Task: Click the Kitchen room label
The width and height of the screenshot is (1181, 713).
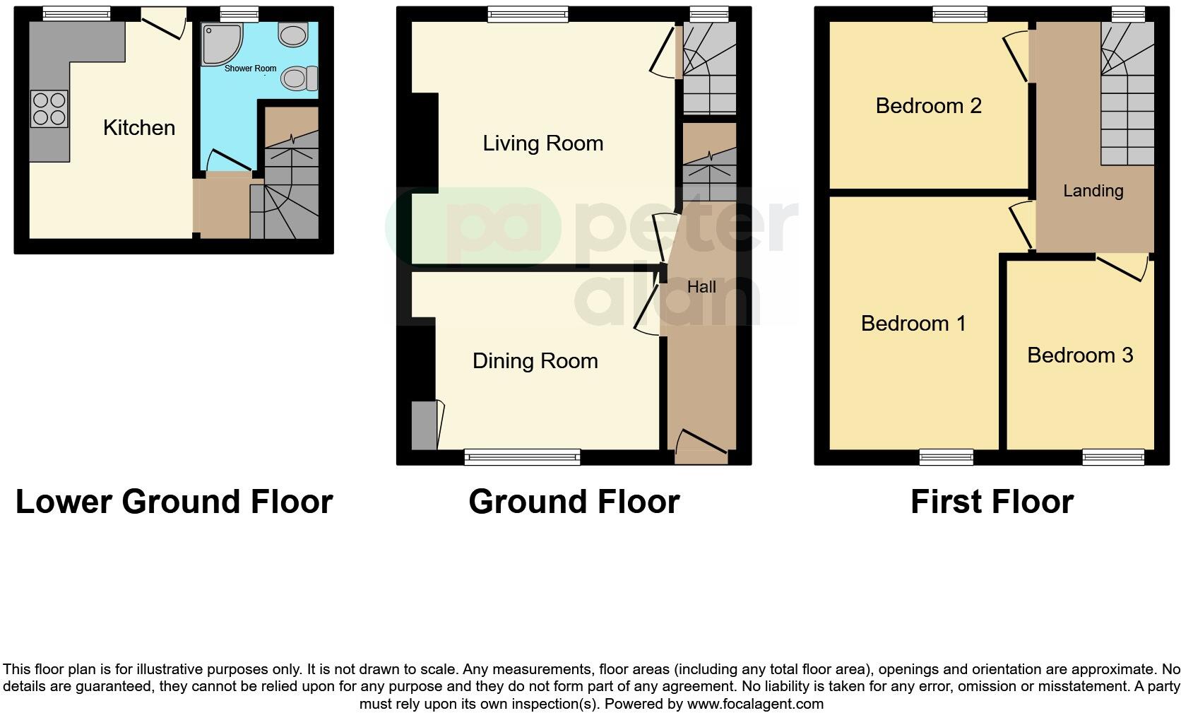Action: tap(139, 128)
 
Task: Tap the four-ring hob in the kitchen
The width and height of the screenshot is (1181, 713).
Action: tap(49, 110)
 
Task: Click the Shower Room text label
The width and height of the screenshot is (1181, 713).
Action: tap(250, 69)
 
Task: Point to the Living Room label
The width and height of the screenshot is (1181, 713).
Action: tap(542, 143)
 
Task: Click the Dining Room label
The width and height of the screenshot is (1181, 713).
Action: tap(535, 361)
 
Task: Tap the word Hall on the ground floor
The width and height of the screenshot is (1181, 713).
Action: tap(701, 287)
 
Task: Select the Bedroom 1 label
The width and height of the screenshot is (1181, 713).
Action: tap(913, 324)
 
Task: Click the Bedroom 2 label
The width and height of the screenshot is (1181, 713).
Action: tap(928, 106)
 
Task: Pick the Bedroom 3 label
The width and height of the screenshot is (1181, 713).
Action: tap(1079, 355)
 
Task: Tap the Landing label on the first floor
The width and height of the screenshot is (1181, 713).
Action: tap(1093, 191)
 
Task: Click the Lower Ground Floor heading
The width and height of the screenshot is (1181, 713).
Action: tap(174, 502)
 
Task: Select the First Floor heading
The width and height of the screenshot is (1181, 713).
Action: tap(992, 502)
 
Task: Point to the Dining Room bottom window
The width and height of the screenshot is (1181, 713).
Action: tap(522, 458)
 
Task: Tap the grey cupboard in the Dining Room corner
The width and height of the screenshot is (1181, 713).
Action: tap(425, 425)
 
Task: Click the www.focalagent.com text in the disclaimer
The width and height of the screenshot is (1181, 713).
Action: tap(754, 704)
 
